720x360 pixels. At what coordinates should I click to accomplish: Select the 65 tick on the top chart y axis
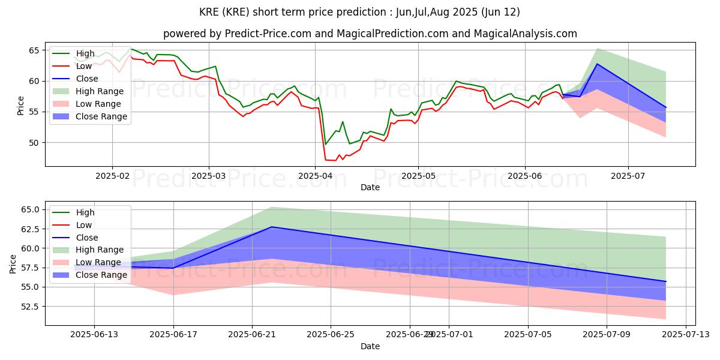[34, 50]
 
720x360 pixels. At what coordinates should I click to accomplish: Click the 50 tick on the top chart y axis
[34, 143]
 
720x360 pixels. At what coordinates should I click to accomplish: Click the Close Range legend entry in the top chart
[101, 116]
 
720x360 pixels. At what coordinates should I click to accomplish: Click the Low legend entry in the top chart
[85, 66]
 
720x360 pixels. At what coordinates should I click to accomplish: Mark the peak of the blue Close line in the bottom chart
[272, 227]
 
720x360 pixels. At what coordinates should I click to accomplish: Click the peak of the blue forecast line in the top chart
[597, 64]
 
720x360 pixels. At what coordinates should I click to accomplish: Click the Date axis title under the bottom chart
[370, 347]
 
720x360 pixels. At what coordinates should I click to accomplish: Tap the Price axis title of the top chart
[20, 105]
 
